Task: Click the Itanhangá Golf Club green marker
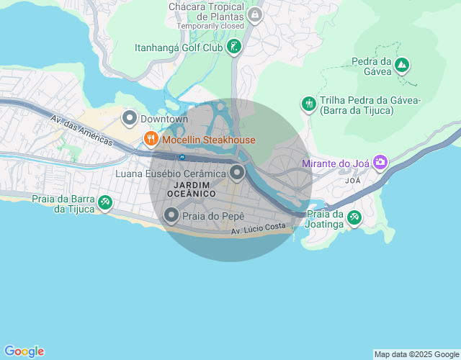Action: point(233,48)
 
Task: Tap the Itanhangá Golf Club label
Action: point(179,48)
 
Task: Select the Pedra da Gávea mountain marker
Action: point(402,66)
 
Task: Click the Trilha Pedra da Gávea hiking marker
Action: point(309,104)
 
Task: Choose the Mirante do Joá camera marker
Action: point(380,163)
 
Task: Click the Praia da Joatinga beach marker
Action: point(354,217)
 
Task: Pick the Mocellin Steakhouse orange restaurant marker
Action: point(151,139)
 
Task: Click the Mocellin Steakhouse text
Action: point(209,140)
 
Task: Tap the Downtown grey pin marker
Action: point(130,117)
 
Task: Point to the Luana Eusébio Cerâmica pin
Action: point(238,173)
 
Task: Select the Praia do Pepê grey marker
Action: point(171,215)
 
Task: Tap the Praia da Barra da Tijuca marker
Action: point(105,203)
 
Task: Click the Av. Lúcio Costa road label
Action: point(259,229)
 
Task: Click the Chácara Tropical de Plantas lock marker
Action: point(254,14)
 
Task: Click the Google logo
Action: point(24,351)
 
